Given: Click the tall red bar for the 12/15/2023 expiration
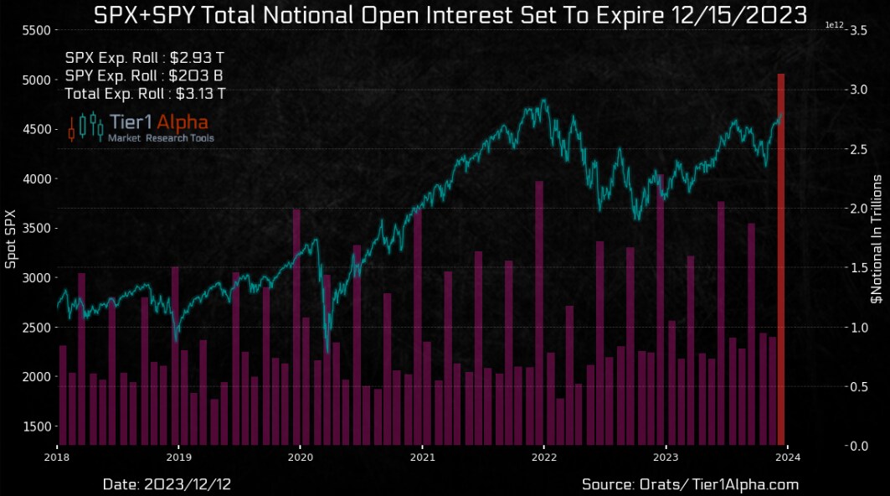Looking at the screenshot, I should tap(780, 260).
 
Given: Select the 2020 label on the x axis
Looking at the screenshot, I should tap(301, 457).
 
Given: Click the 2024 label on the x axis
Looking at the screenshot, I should tap(787, 457).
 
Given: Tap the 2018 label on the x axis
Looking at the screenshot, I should tap(57, 457).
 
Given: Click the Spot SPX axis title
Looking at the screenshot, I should tap(11, 238).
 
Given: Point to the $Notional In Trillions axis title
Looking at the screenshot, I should tap(877, 238).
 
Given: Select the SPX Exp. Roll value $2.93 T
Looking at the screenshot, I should tap(196, 58).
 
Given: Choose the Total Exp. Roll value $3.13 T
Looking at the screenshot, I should tap(197, 93).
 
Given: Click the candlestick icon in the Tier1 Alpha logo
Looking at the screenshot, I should tap(85, 127).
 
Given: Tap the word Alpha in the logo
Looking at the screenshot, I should tap(182, 122).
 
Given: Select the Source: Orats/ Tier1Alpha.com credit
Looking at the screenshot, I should tap(690, 484).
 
